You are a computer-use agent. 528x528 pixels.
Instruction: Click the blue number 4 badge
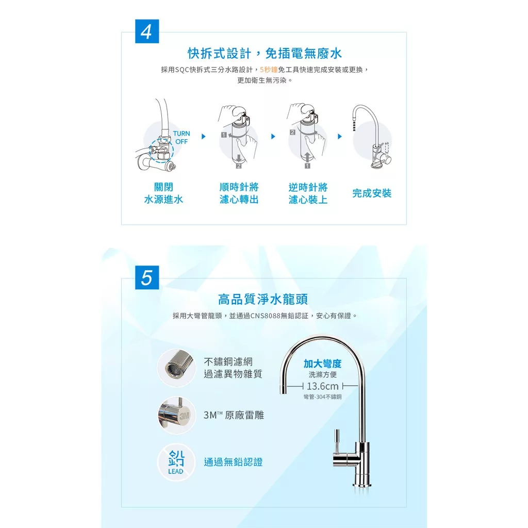[147, 31]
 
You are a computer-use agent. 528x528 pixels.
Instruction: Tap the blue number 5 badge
[147, 277]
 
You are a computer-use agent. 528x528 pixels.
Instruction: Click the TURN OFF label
[181, 137]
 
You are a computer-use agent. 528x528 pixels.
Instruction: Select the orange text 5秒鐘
[269, 70]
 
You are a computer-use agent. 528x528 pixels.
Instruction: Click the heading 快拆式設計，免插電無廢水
[265, 53]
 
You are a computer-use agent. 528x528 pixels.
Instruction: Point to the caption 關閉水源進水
[163, 193]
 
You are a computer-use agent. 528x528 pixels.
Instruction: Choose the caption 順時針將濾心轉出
[239, 193]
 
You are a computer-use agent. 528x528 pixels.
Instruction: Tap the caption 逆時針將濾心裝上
[308, 193]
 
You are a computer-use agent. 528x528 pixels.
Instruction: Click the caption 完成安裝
[372, 193]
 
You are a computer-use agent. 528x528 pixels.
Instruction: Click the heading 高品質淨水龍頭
[263, 299]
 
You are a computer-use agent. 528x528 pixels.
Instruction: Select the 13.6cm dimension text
[323, 386]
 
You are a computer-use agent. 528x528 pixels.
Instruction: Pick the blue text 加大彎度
[323, 364]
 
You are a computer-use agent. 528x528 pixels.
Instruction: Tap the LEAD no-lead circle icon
[176, 462]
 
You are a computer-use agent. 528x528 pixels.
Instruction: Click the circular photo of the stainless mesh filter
[176, 368]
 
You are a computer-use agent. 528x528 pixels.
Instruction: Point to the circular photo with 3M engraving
[176, 415]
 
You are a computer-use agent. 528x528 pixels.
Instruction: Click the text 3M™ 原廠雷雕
[234, 415]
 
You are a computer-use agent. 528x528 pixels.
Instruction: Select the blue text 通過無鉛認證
[233, 462]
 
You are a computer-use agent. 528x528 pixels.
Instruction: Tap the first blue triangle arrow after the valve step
[203, 136]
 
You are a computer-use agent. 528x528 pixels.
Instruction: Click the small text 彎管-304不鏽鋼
[323, 397]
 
